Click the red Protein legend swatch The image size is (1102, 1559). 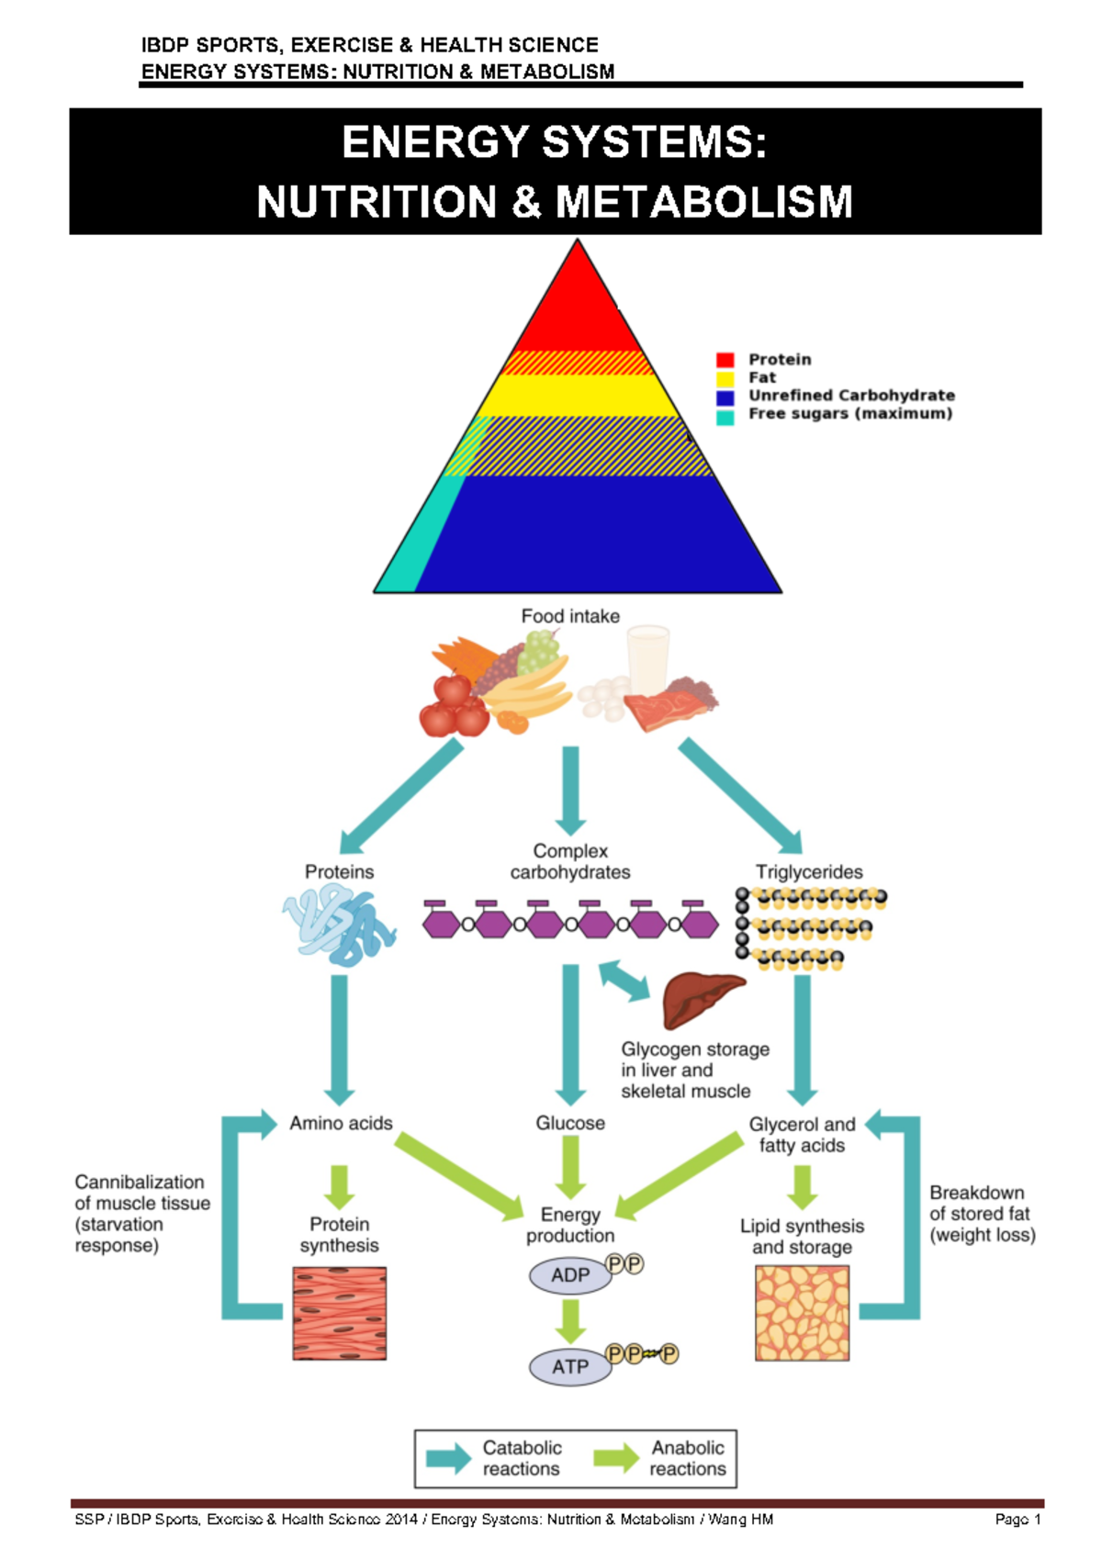725,359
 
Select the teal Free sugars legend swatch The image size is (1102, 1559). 725,417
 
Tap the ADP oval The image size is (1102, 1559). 570,1275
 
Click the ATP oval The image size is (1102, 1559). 570,1367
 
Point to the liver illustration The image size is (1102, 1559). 700,1000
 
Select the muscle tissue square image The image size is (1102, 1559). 339,1313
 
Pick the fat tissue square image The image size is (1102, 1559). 802,1313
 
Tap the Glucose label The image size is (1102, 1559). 570,1123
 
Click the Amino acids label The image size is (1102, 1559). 341,1123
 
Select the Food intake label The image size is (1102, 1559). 570,616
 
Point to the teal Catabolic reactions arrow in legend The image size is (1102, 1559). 448,1458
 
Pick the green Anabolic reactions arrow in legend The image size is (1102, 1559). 616,1458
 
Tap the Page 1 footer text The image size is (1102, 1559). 1018,1520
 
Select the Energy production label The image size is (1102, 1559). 570,1225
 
